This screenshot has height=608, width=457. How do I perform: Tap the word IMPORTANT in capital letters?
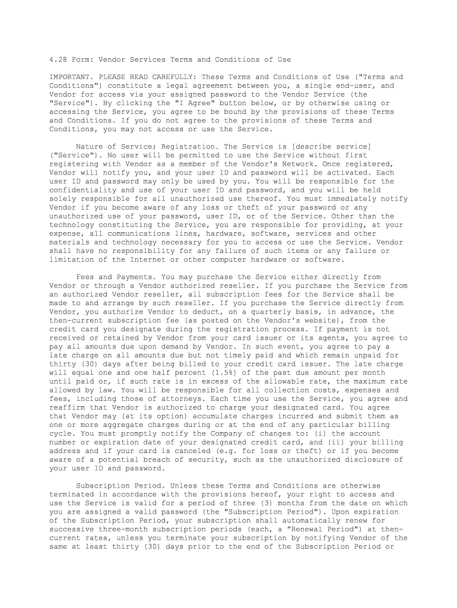click(70, 77)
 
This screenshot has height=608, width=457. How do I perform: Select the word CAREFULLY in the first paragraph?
click(176, 77)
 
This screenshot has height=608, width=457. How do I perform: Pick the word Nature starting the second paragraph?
click(90, 147)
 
